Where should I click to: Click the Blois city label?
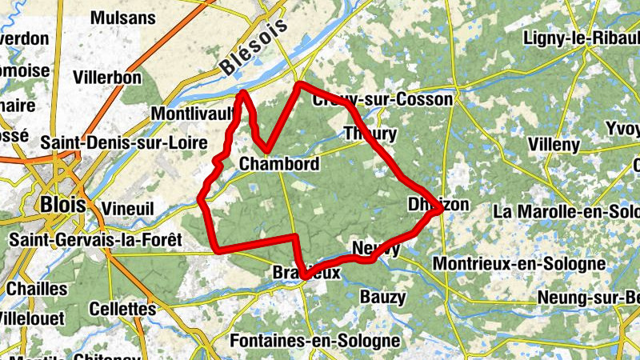[61, 204]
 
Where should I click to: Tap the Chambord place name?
[279, 165]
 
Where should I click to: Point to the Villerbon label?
[106, 78]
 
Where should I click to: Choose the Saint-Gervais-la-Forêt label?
[96, 239]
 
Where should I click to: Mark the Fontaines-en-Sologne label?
[314, 341]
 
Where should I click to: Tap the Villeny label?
[554, 145]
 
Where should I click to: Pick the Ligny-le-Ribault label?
[581, 38]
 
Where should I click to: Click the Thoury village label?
[370, 133]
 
